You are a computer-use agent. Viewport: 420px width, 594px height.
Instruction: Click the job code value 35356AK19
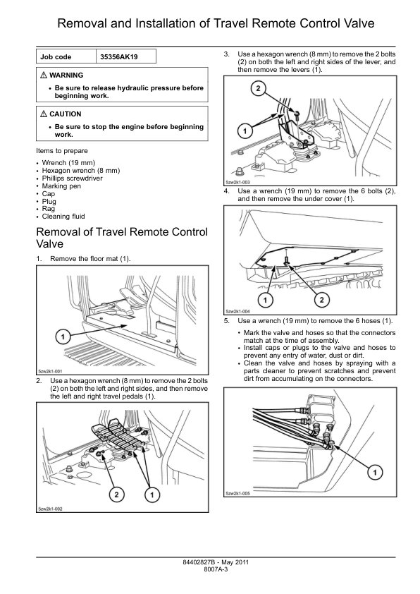point(119,57)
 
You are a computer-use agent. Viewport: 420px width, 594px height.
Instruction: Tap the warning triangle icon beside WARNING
point(44,75)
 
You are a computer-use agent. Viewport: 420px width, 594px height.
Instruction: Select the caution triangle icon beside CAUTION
point(44,114)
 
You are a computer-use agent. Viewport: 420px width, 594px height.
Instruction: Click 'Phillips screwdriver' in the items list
point(73,178)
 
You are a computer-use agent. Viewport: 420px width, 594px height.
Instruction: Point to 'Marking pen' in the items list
point(61,186)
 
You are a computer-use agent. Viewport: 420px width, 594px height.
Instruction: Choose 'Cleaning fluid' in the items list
point(63,217)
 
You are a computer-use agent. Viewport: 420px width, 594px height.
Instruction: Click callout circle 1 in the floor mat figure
point(63,337)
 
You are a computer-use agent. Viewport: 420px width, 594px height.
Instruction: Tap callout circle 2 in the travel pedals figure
point(116,495)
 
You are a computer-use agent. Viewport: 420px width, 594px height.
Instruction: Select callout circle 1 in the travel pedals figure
point(152,495)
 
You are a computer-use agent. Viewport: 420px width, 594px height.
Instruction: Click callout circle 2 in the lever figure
point(258,89)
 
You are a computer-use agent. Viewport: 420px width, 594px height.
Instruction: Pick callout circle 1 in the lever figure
point(245,131)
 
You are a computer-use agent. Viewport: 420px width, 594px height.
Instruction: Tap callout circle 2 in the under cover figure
point(321,300)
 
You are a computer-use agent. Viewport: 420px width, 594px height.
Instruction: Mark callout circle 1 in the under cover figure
point(266,300)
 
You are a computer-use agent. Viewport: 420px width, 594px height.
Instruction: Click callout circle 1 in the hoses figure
point(375,472)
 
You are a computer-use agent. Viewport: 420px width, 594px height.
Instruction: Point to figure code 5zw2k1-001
point(50,371)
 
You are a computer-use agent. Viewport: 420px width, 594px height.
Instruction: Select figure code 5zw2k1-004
point(237,311)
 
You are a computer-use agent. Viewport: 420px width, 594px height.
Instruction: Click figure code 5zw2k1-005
point(237,494)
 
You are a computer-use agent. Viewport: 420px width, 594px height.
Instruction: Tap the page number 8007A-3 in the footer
point(216,569)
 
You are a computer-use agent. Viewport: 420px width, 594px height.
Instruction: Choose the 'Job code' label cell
point(56,57)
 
